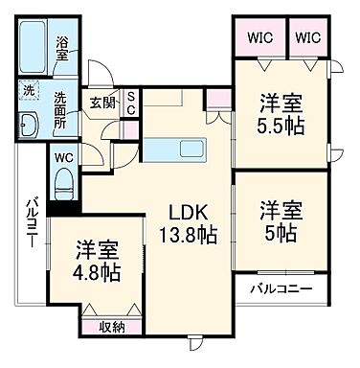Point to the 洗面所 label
62,103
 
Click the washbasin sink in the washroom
27,124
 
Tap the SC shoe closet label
131,103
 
